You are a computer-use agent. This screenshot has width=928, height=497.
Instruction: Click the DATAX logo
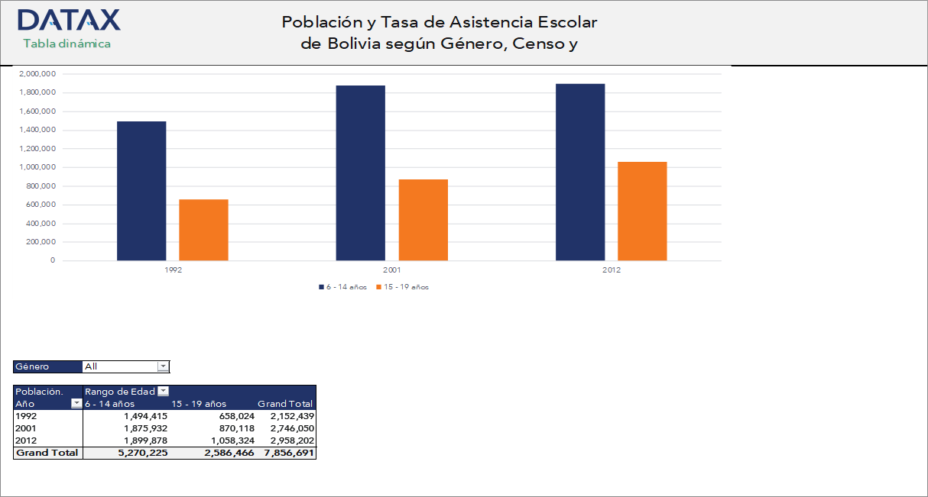coord(68,20)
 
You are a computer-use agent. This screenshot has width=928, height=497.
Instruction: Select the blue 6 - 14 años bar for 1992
coord(141,191)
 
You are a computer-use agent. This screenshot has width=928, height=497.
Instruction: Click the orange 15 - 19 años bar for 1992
coord(203,230)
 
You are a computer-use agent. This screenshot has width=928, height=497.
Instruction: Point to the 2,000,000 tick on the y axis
coord(37,74)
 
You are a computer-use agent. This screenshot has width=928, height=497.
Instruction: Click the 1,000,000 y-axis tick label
coord(37,167)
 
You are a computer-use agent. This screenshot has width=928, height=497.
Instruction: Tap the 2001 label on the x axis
coord(391,271)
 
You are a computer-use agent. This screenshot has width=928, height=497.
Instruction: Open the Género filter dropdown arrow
coord(163,366)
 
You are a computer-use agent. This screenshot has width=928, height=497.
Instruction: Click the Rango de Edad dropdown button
coord(163,392)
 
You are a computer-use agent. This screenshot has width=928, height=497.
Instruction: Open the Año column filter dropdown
coord(76,404)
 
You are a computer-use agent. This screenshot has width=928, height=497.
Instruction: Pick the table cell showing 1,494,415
coord(144,416)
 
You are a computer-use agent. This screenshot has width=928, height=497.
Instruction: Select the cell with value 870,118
coord(232,428)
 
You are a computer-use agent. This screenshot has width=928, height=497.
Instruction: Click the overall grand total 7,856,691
coord(288,453)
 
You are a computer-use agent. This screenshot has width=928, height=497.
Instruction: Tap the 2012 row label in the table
coord(26,441)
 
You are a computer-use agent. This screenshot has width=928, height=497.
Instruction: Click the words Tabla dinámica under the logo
coord(67,44)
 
